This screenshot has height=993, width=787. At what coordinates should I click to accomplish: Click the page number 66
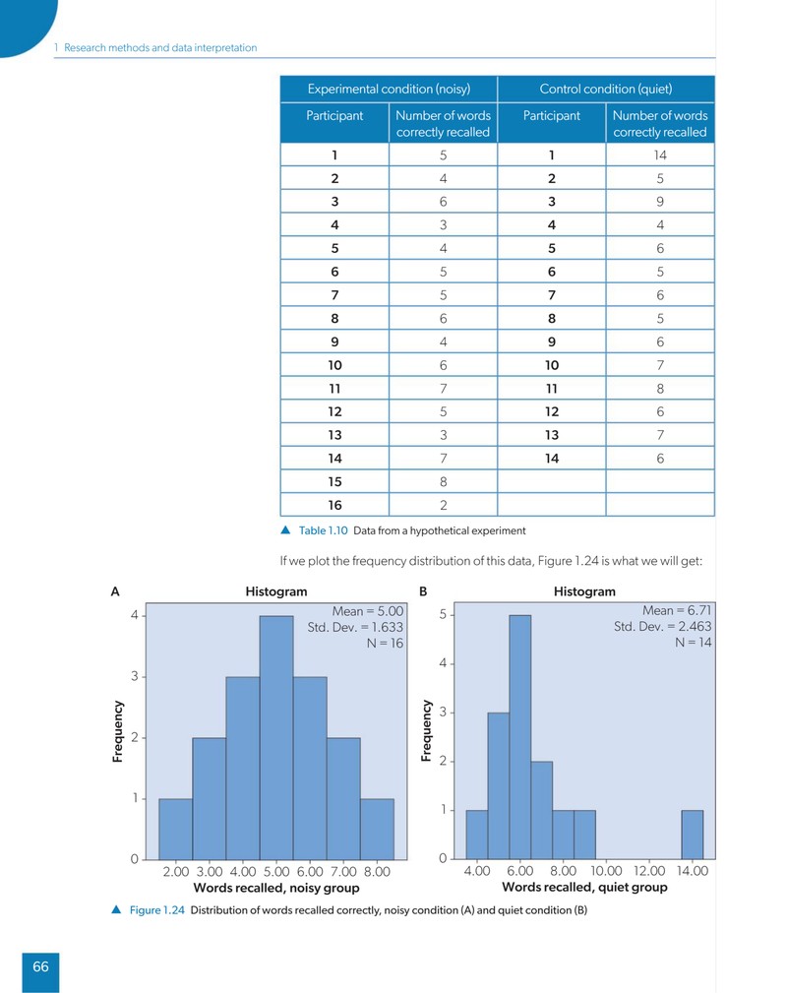pos(40,966)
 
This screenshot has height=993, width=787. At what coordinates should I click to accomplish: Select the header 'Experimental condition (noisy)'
pos(389,89)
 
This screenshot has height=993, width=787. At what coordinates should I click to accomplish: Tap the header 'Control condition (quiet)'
pos(606,89)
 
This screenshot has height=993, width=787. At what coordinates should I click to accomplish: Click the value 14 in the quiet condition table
pos(660,155)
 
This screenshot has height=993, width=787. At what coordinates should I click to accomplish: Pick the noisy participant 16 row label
pos(334,506)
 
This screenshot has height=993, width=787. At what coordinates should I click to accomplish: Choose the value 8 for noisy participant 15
pos(444,482)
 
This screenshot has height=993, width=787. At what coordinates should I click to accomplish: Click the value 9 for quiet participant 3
pos(660,202)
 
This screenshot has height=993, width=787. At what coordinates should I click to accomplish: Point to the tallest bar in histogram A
pos(276,738)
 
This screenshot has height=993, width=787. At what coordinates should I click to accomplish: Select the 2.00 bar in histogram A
pos(175,829)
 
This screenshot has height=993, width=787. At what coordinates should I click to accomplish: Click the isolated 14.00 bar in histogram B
pos(692,835)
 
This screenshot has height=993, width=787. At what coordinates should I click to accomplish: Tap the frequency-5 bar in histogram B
pos(519,737)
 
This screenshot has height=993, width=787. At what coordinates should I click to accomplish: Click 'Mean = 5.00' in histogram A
pos(368,611)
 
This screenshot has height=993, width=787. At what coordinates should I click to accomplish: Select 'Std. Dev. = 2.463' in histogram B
pos(662,626)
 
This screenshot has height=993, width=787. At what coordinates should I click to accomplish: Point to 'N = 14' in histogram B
pos(694,643)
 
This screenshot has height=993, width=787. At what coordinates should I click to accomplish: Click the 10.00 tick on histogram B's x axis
pos(606,871)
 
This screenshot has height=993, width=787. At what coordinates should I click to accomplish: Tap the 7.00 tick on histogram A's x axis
pos(343,871)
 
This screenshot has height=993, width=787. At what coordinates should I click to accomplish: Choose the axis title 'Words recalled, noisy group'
pos(276,888)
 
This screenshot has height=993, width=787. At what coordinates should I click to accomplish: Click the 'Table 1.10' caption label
pos(323,530)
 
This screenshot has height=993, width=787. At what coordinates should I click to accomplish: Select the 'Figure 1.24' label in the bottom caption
pos(157,910)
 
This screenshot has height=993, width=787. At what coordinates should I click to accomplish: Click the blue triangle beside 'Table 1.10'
pos(285,530)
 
